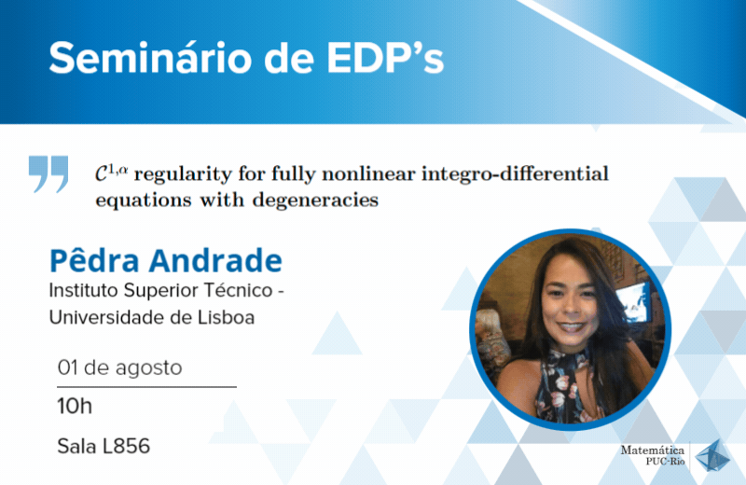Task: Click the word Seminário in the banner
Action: [x=150, y=58]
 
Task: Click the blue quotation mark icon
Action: [x=48, y=173]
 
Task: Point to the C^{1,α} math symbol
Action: [x=111, y=173]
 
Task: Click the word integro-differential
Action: [x=516, y=173]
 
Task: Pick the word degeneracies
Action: [x=315, y=201]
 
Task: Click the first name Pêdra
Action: [x=94, y=260]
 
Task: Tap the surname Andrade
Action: [x=215, y=261]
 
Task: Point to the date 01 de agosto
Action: [x=120, y=367]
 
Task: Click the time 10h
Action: [x=75, y=407]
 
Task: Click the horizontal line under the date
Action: [x=147, y=387]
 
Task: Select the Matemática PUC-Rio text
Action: [x=652, y=455]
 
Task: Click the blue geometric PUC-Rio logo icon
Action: [x=712, y=456]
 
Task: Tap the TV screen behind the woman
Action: [x=634, y=301]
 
